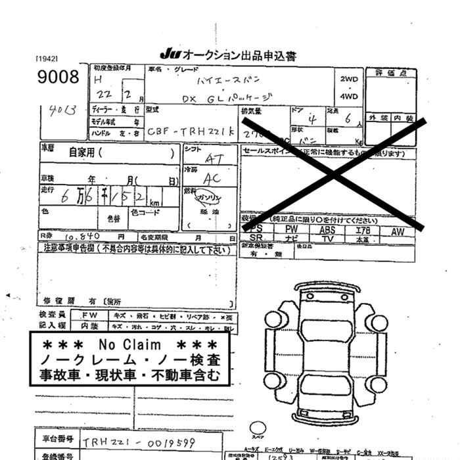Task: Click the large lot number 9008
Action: point(58,76)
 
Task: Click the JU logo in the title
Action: point(169,55)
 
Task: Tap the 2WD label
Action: point(349,79)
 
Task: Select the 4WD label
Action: point(349,97)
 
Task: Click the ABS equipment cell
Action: point(327,230)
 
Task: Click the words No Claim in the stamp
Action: point(129,345)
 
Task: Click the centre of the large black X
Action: point(333,173)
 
